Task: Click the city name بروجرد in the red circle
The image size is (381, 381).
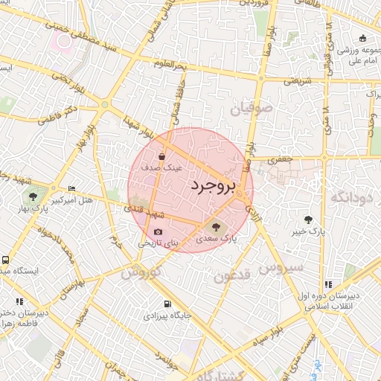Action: pyautogui.click(x=212, y=186)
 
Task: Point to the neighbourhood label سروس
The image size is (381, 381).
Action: pyautogui.click(x=282, y=266)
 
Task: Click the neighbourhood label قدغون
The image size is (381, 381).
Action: pyautogui.click(x=234, y=277)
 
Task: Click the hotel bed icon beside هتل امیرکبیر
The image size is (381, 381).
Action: pyautogui.click(x=71, y=189)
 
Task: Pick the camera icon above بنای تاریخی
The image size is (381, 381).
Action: pyautogui.click(x=158, y=232)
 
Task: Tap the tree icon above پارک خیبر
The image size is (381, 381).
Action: pyautogui.click(x=308, y=220)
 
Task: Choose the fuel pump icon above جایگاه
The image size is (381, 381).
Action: pyautogui.click(x=167, y=304)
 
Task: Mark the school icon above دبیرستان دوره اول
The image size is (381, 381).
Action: pyautogui.click(x=328, y=284)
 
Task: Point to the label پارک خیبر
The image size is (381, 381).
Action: pyautogui.click(x=308, y=233)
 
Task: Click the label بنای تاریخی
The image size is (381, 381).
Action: pyautogui.click(x=159, y=243)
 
